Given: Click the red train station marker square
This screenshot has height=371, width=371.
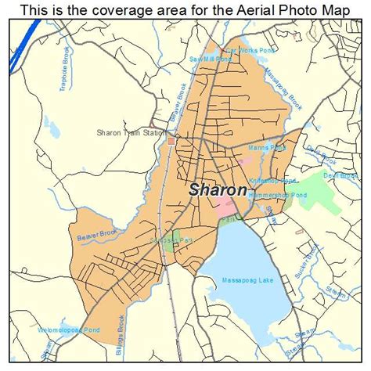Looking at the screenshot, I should pos(171,141).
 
